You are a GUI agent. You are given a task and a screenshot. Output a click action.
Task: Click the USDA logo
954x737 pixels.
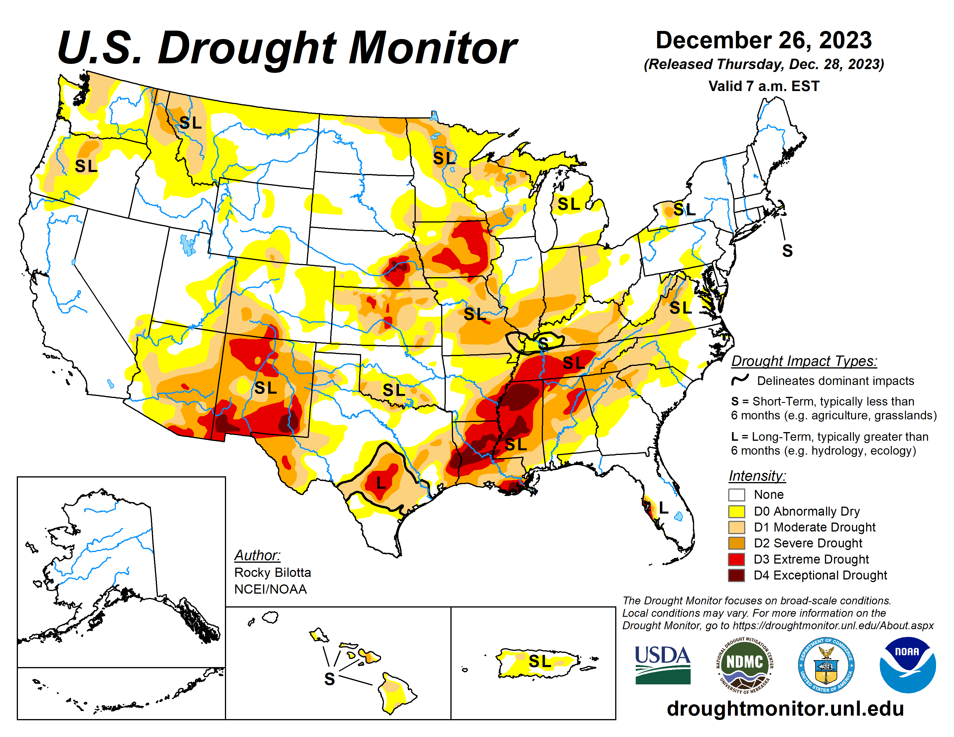pos(662,664)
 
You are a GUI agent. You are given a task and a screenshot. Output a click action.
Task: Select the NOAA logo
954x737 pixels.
pos(907,664)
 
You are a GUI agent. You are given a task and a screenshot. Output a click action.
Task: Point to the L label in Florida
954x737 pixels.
pos(663,508)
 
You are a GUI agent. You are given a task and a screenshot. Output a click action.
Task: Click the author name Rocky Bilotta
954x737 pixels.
pos(273,572)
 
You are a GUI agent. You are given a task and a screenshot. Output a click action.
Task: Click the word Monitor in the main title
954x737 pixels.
pos(432,48)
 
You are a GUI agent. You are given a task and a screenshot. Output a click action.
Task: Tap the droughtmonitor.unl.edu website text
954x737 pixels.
pos(785,708)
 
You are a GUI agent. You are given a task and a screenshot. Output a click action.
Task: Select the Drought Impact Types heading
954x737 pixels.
pos(804,361)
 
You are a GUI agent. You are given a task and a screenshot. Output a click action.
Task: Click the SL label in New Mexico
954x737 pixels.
pos(266,388)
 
